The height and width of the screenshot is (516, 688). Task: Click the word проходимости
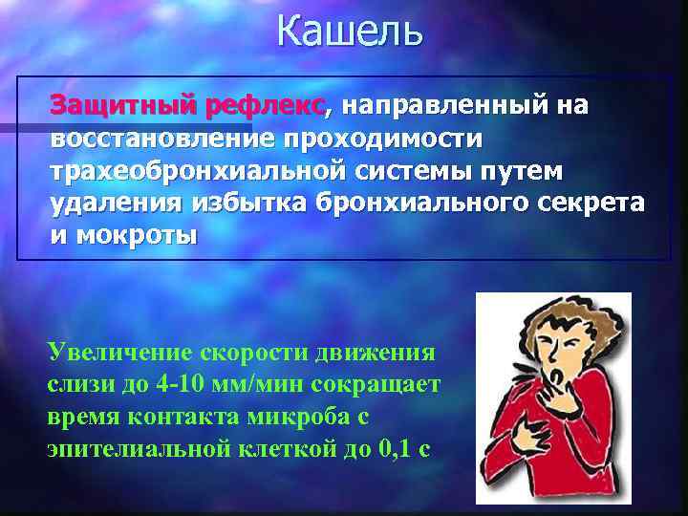click(383, 138)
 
